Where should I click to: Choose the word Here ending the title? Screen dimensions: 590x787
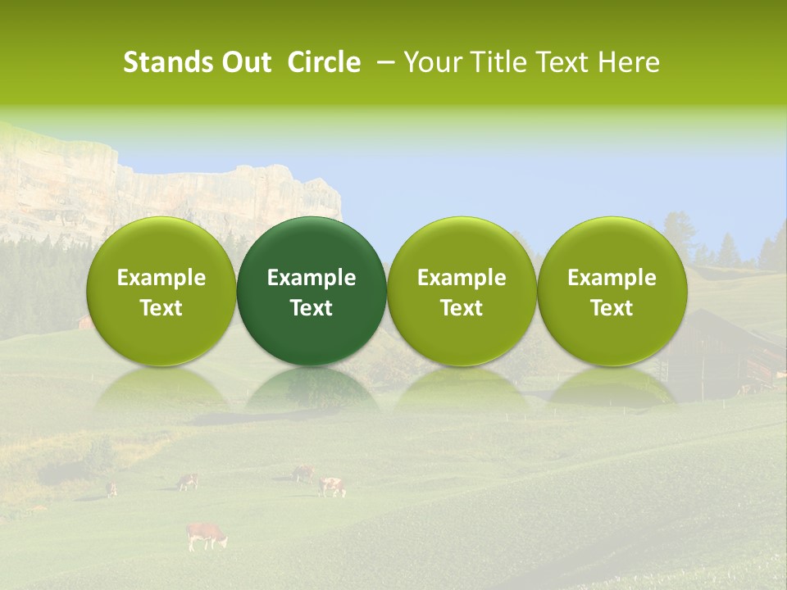pyautogui.click(x=631, y=62)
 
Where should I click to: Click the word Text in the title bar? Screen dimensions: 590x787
pyautogui.click(x=559, y=62)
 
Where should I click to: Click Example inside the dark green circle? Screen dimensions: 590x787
pyautogui.click(x=312, y=278)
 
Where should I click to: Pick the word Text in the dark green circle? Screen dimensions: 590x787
pyautogui.click(x=312, y=308)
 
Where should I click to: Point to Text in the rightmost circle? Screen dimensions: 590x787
pyautogui.click(x=612, y=308)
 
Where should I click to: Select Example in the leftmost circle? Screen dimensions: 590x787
pyautogui.click(x=161, y=278)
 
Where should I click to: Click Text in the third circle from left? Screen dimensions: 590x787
pyautogui.click(x=462, y=308)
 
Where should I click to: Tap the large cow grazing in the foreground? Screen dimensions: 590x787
pyautogui.click(x=206, y=535)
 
